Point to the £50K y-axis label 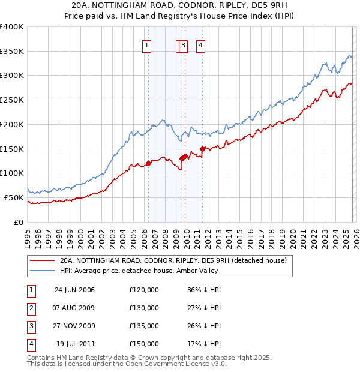point(14,197)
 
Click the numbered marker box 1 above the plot point(148,44)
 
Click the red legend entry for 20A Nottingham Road point(173,260)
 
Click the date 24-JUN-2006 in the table point(74,290)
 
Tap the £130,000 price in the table point(144,308)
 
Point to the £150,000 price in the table point(144,344)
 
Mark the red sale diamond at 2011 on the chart point(202,149)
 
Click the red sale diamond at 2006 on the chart point(148,163)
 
